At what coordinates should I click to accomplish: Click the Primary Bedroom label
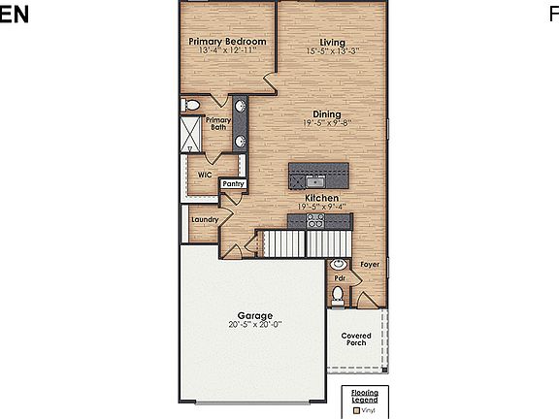[227, 42]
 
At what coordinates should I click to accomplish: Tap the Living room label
[333, 42]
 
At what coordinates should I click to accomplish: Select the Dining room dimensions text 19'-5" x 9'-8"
[325, 123]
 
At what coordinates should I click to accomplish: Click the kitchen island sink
[315, 180]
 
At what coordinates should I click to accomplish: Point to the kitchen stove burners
[315, 221]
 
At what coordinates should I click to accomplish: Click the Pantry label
[233, 183]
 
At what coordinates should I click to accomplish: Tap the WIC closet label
[205, 175]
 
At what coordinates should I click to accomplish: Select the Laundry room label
[204, 220]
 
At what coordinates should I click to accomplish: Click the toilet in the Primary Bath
[191, 105]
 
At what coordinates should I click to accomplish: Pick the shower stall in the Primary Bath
[192, 134]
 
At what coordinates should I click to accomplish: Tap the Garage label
[255, 315]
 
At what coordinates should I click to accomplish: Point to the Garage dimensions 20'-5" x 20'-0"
[254, 326]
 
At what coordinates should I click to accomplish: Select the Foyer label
[369, 264]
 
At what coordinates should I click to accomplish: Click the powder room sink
[338, 265]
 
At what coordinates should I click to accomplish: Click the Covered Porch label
[356, 339]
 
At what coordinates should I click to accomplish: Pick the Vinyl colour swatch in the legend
[356, 410]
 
